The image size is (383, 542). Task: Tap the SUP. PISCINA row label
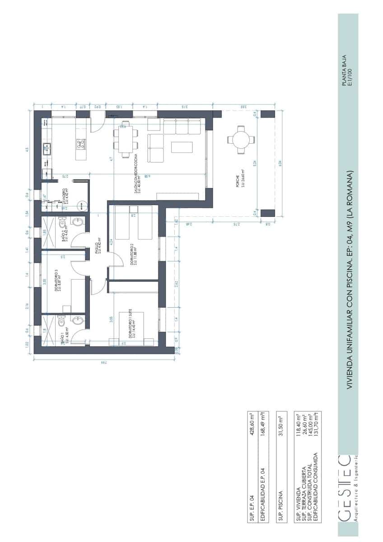pos(280,504)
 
